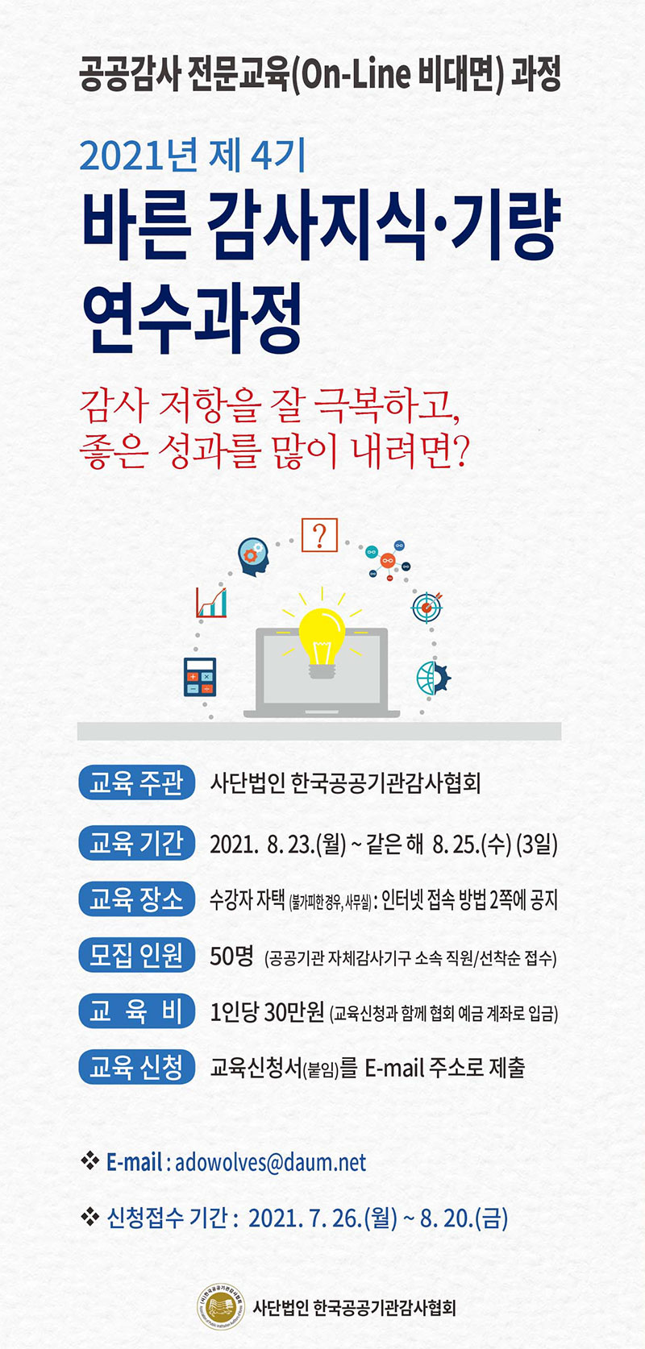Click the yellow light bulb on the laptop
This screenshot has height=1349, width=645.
(322, 642)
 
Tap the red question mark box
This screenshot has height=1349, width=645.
(319, 535)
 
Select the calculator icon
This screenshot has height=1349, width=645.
(199, 677)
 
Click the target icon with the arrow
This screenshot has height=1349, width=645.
(427, 607)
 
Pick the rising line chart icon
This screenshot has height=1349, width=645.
(211, 602)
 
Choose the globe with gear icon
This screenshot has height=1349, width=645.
(433, 678)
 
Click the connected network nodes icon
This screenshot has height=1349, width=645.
(388, 560)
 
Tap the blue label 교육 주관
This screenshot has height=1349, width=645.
(136, 783)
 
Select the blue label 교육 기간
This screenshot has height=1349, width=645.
(136, 843)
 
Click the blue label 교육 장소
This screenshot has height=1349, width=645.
(136, 899)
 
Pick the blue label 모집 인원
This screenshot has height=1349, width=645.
(136, 955)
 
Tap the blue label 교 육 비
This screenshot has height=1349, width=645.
(136, 1011)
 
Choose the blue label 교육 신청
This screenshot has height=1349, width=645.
(136, 1067)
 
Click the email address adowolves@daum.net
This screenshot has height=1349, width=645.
(271, 1162)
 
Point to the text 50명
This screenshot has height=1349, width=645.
(231, 956)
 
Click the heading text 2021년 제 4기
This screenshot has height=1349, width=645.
(193, 155)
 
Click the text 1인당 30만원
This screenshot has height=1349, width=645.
(267, 1012)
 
